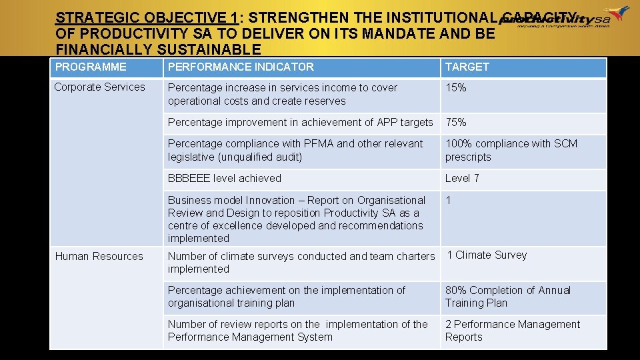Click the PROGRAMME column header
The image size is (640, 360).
[91, 67]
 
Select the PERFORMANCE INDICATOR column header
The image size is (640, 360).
[241, 67]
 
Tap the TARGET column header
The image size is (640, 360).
[467, 67]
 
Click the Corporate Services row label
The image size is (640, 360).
[99, 87]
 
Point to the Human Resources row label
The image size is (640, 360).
[99, 257]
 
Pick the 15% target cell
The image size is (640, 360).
[456, 88]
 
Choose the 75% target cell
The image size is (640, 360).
[456, 123]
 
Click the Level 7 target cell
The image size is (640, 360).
[462, 179]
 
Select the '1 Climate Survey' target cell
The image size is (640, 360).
[487, 255]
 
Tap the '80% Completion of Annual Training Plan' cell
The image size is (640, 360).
[508, 297]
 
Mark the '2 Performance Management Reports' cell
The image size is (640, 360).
[513, 331]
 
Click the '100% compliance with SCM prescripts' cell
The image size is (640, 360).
[511, 151]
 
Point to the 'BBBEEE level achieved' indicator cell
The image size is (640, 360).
[225, 179]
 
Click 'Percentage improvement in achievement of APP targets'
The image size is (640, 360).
[300, 123]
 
